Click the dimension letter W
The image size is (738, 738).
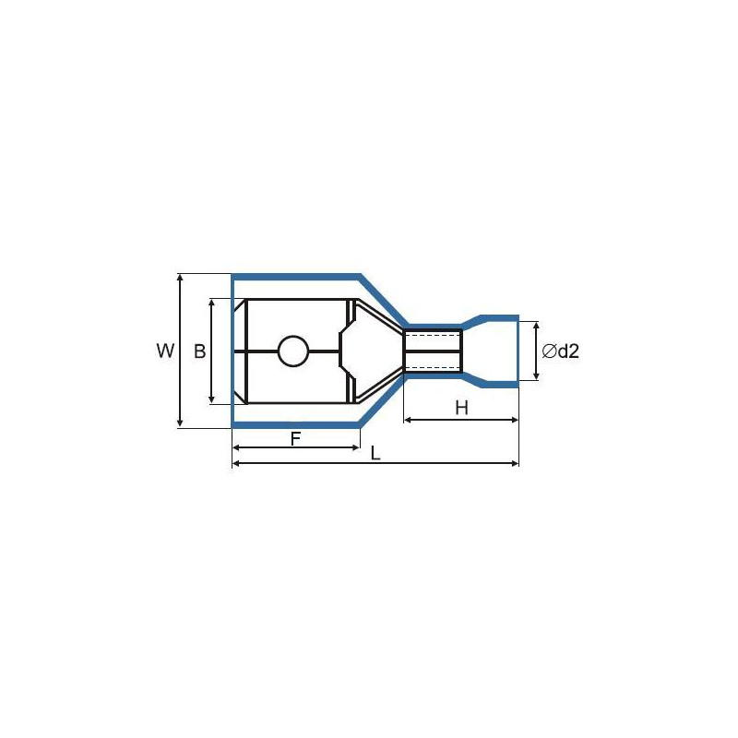pyautogui.click(x=165, y=351)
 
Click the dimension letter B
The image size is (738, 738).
pyautogui.click(x=200, y=351)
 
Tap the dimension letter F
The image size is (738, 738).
pyautogui.click(x=295, y=439)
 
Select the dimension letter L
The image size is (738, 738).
pyautogui.click(x=375, y=453)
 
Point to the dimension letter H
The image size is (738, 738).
pyautogui.click(x=462, y=408)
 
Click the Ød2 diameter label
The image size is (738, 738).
pyautogui.click(x=560, y=351)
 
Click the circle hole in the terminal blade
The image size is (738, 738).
pyautogui.click(x=293, y=351)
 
